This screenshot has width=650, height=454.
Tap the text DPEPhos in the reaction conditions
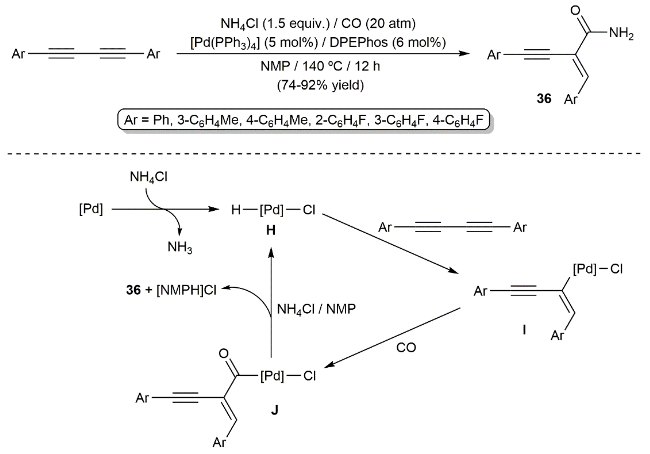tap(359, 43)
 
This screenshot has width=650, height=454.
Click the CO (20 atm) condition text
tap(378, 24)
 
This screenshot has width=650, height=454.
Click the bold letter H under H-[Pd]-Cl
tap(271, 231)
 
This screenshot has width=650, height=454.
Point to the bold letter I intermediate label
tap(524, 330)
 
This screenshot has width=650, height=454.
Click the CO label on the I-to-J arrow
tap(406, 348)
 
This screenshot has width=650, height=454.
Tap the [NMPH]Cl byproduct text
tap(186, 290)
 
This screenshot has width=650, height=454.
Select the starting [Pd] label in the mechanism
tap(91, 210)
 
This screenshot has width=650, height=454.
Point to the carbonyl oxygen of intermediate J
tap(224, 354)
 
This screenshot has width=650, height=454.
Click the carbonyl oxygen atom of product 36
tap(575, 11)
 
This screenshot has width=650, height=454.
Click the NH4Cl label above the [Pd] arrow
tap(148, 177)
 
